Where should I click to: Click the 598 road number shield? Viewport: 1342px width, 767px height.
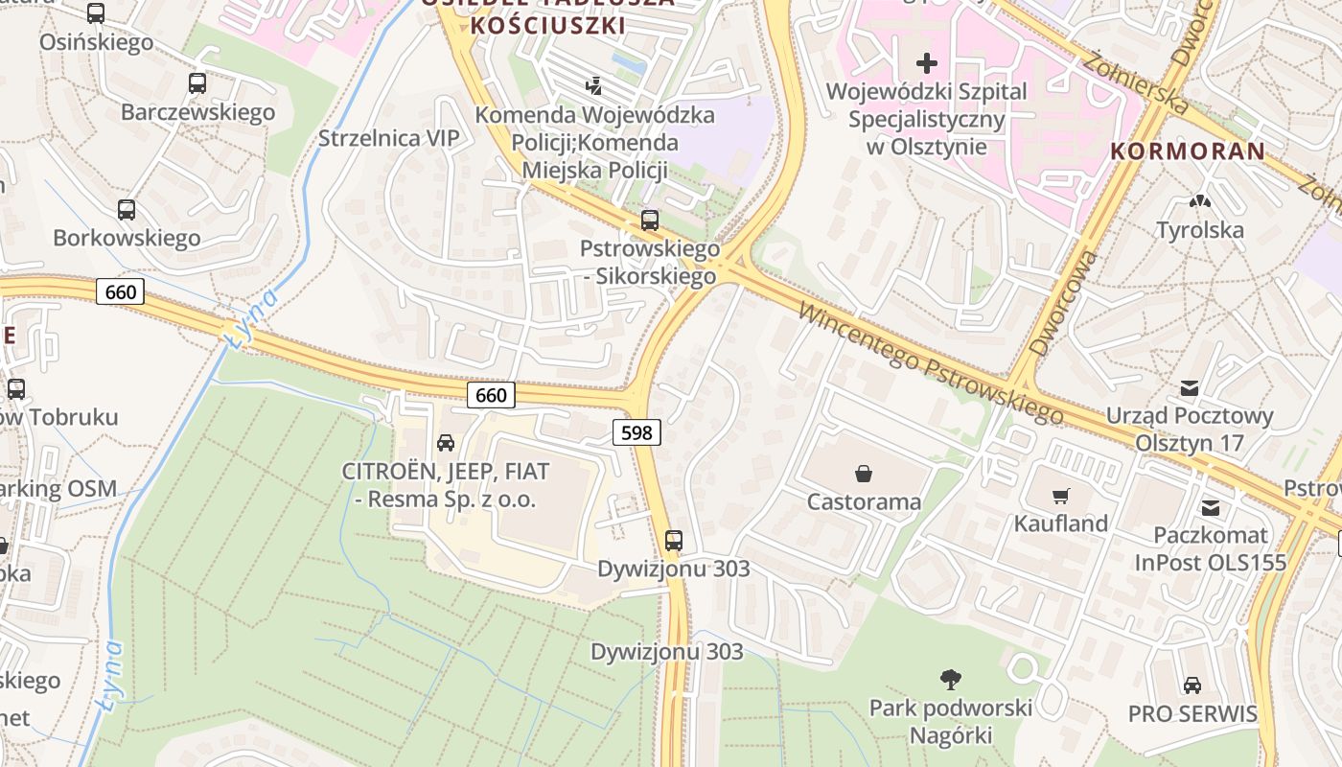636,432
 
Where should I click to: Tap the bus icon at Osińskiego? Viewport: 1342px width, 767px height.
96,13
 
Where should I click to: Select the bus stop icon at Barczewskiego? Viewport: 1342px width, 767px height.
197,83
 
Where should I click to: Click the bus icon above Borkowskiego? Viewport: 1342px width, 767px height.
126,209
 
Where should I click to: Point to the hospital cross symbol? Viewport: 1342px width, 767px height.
926,63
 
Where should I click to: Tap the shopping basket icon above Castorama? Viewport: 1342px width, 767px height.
864,473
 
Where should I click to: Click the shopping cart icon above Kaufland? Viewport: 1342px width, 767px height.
1060,496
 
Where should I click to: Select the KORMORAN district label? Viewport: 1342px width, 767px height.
1188,151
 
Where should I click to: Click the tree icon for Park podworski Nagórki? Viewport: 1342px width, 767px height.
950,680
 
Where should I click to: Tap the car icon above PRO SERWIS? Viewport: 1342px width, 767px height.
1192,685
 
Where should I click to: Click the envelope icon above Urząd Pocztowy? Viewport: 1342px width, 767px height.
1190,387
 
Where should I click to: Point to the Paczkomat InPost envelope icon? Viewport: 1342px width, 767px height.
1211,507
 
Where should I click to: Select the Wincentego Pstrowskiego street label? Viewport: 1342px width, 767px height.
929,364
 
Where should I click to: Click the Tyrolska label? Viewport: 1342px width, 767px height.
1200,230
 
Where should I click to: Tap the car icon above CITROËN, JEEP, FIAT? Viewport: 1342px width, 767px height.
446,442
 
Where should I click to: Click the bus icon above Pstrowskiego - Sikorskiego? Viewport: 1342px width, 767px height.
650,221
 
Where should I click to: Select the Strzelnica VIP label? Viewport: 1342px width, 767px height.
388,138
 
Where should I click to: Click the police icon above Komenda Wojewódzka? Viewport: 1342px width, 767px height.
594,86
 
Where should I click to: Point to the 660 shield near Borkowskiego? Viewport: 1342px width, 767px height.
121,291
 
